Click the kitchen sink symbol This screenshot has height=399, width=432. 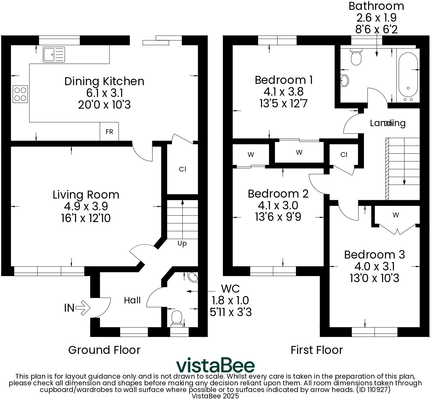[54, 54]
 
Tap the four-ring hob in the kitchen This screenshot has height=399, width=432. [20, 94]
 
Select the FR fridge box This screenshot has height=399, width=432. [109, 132]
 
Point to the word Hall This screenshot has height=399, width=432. [132, 301]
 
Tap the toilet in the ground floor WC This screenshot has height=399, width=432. [176, 318]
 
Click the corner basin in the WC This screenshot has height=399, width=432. [193, 277]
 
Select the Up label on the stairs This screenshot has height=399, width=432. [182, 243]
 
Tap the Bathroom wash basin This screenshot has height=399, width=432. [344, 81]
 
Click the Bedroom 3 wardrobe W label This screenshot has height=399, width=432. [395, 215]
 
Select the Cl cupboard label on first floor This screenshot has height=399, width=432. [344, 155]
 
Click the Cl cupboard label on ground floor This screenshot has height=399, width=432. [182, 169]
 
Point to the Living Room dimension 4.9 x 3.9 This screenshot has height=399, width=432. [86, 206]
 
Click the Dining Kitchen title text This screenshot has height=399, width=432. [104, 81]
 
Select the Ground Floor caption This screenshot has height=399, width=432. [104, 350]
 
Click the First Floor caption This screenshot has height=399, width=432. [317, 350]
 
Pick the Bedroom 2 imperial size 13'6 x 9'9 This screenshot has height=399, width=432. [278, 217]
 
